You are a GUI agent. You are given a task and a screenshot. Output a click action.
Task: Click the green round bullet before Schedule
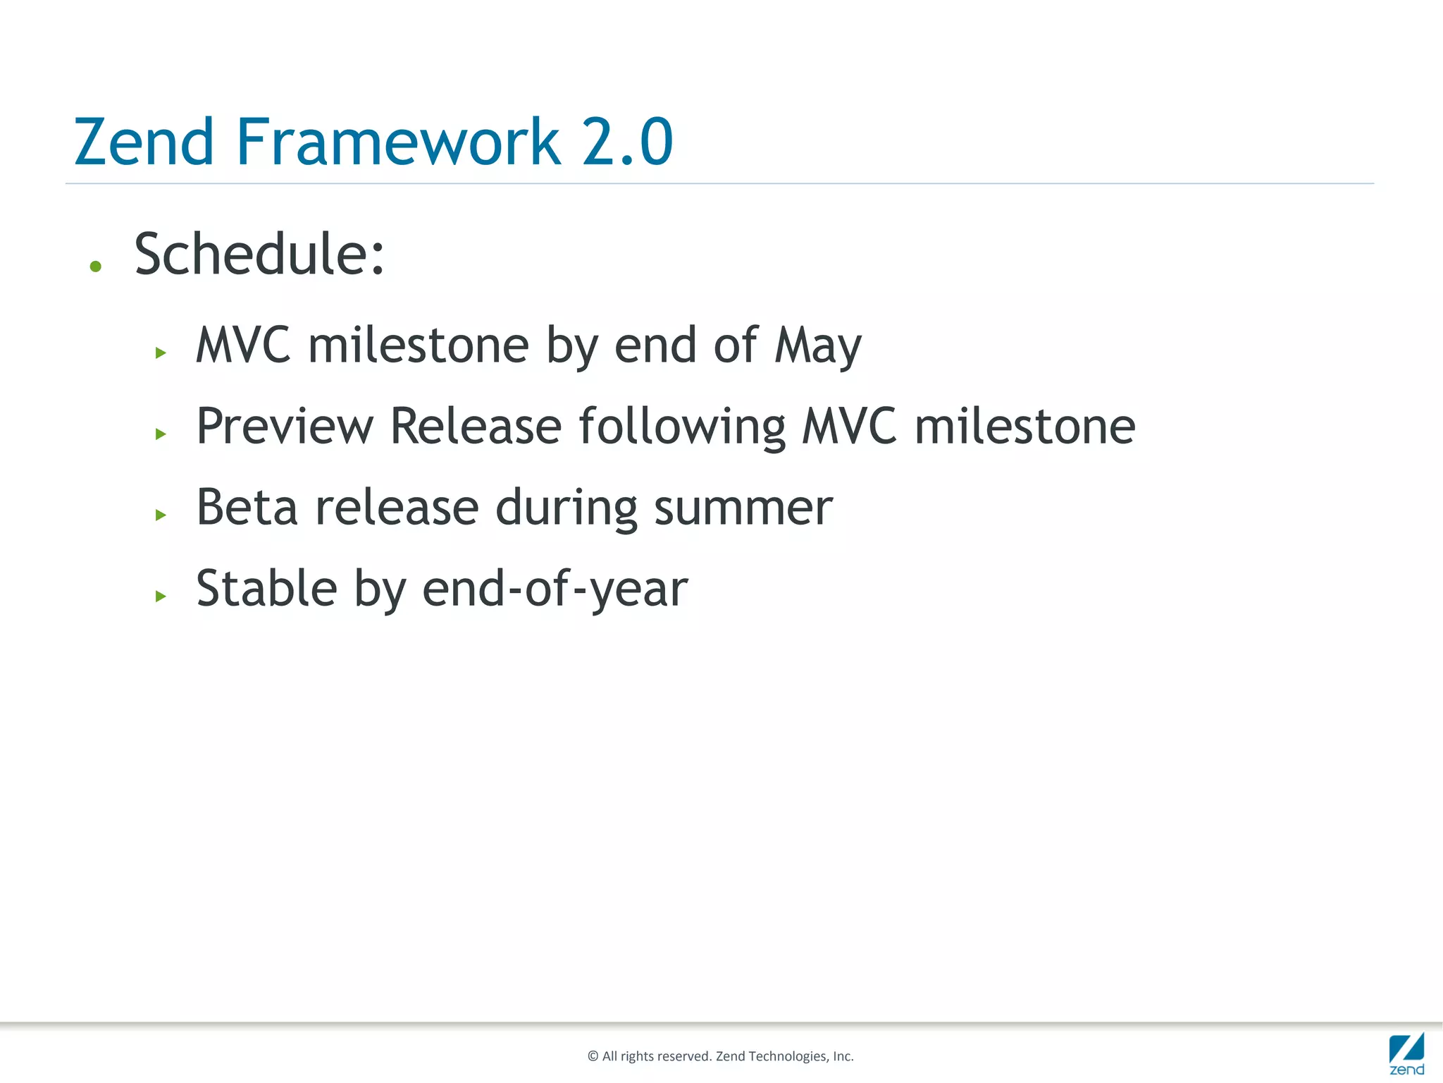click(x=96, y=267)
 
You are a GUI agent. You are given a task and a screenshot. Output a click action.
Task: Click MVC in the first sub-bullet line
click(x=243, y=345)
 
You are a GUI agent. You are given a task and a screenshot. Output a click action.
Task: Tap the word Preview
click(x=285, y=427)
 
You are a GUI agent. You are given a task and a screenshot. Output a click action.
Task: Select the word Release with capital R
click(x=476, y=427)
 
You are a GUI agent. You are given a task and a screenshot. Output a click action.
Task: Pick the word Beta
click(x=247, y=508)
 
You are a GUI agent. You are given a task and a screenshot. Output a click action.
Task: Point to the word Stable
click(x=266, y=589)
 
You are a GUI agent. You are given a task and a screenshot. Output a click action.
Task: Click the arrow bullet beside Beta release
click(x=161, y=515)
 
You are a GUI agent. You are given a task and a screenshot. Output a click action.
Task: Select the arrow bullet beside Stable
click(x=161, y=596)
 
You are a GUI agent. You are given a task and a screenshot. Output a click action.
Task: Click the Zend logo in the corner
click(x=1406, y=1053)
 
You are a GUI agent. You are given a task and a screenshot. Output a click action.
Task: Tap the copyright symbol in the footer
click(x=593, y=1056)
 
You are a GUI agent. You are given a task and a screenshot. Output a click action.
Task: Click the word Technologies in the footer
click(x=787, y=1056)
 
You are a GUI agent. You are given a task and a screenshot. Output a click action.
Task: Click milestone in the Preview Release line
click(x=1024, y=427)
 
